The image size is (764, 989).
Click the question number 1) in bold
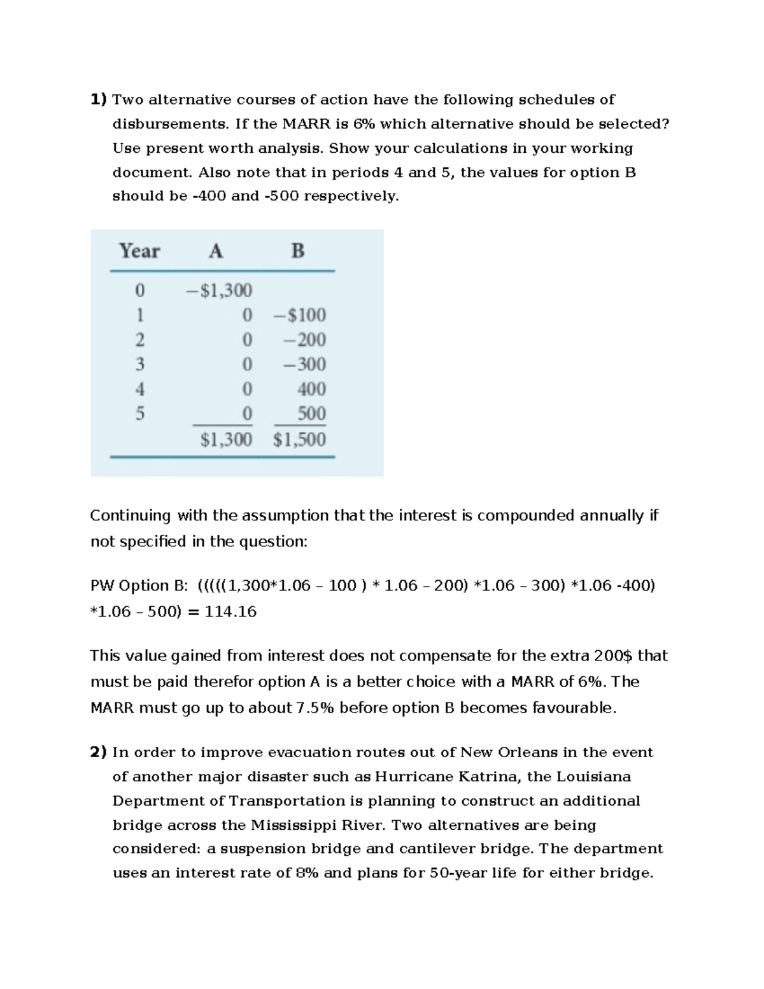click(99, 99)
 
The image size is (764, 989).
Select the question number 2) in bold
click(99, 752)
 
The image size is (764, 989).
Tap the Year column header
click(139, 251)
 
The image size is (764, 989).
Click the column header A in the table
click(216, 251)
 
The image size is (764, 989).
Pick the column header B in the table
click(297, 251)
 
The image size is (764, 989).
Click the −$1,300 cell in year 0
click(218, 290)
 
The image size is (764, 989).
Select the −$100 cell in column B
click(299, 315)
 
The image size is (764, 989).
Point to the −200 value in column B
click(304, 340)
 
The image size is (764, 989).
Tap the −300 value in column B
click(304, 364)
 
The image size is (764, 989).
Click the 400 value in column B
click(311, 389)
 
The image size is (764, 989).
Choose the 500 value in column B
click(311, 414)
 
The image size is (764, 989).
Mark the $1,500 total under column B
click(299, 439)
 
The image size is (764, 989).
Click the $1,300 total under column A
click(226, 439)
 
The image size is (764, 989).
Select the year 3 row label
click(140, 364)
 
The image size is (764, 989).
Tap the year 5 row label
click(140, 414)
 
